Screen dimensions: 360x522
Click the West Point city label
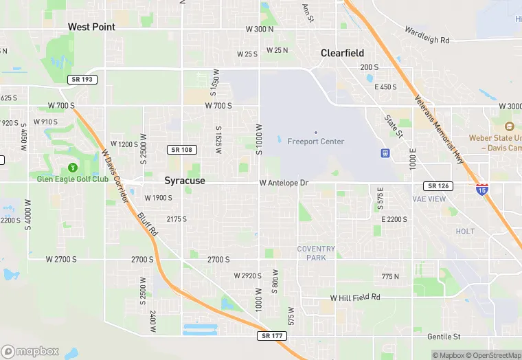click(91, 27)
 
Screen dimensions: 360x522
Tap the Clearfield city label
click(342, 53)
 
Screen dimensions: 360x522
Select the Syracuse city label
click(185, 180)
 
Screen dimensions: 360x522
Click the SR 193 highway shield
click(83, 80)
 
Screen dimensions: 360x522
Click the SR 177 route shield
click(273, 336)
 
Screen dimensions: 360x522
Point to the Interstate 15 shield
click(482, 189)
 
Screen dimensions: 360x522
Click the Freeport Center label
click(316, 142)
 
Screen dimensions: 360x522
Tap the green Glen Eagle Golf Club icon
click(72, 168)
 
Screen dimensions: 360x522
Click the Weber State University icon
click(509, 127)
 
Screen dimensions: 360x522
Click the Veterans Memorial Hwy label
click(440, 128)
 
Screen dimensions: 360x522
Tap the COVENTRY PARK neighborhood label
click(316, 253)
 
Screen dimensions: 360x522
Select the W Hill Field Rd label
click(354, 297)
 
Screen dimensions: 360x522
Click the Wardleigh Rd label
click(427, 36)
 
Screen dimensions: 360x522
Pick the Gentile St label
click(443, 337)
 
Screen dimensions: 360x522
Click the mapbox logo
click(31, 351)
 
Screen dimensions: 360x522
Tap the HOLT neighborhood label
click(465, 232)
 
